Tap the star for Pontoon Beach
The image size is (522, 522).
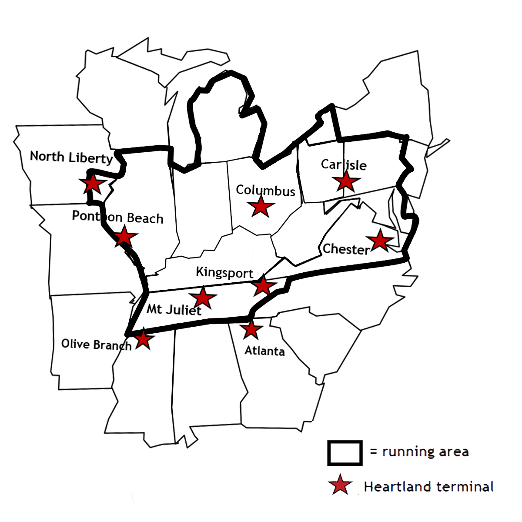click(x=124, y=237)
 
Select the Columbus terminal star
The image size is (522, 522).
click(x=261, y=207)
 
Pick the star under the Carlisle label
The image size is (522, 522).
click(x=346, y=181)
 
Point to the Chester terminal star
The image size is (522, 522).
click(x=380, y=241)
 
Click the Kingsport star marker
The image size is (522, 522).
click(x=263, y=286)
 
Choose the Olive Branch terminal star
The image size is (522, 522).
click(x=143, y=339)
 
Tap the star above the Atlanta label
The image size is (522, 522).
click(x=251, y=330)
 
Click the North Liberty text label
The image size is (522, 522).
click(x=71, y=157)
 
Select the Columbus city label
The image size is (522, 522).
click(x=265, y=191)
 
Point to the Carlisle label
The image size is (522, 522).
click(x=344, y=164)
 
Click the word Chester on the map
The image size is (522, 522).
click(x=346, y=249)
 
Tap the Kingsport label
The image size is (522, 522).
click(x=224, y=273)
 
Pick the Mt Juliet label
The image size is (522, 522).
click(x=174, y=309)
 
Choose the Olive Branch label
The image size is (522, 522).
click(x=96, y=345)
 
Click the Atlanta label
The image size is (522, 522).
click(x=264, y=351)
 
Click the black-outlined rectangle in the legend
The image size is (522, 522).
click(x=345, y=453)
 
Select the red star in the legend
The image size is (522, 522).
click(x=341, y=486)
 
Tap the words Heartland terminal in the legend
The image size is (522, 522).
click(x=428, y=486)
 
